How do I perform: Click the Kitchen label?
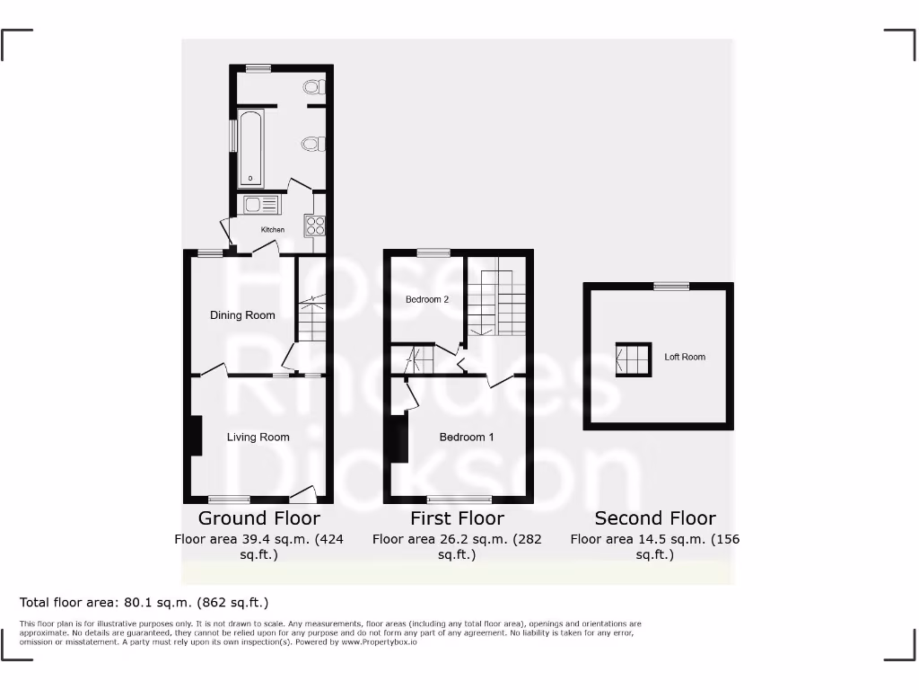(273, 230)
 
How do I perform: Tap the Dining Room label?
(242, 315)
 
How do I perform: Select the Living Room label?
(258, 438)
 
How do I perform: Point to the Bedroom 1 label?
(467, 438)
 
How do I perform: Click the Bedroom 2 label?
(427, 299)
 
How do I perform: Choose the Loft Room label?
(685, 357)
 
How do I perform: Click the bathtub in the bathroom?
(250, 146)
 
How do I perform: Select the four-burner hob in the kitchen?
(315, 225)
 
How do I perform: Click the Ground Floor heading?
(258, 518)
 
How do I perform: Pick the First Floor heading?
(457, 518)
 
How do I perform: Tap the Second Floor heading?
(655, 518)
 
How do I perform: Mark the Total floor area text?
(144, 603)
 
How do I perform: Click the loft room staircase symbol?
(633, 359)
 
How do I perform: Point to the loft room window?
(671, 287)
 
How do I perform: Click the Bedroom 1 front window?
(459, 499)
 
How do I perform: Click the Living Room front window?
(229, 499)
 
